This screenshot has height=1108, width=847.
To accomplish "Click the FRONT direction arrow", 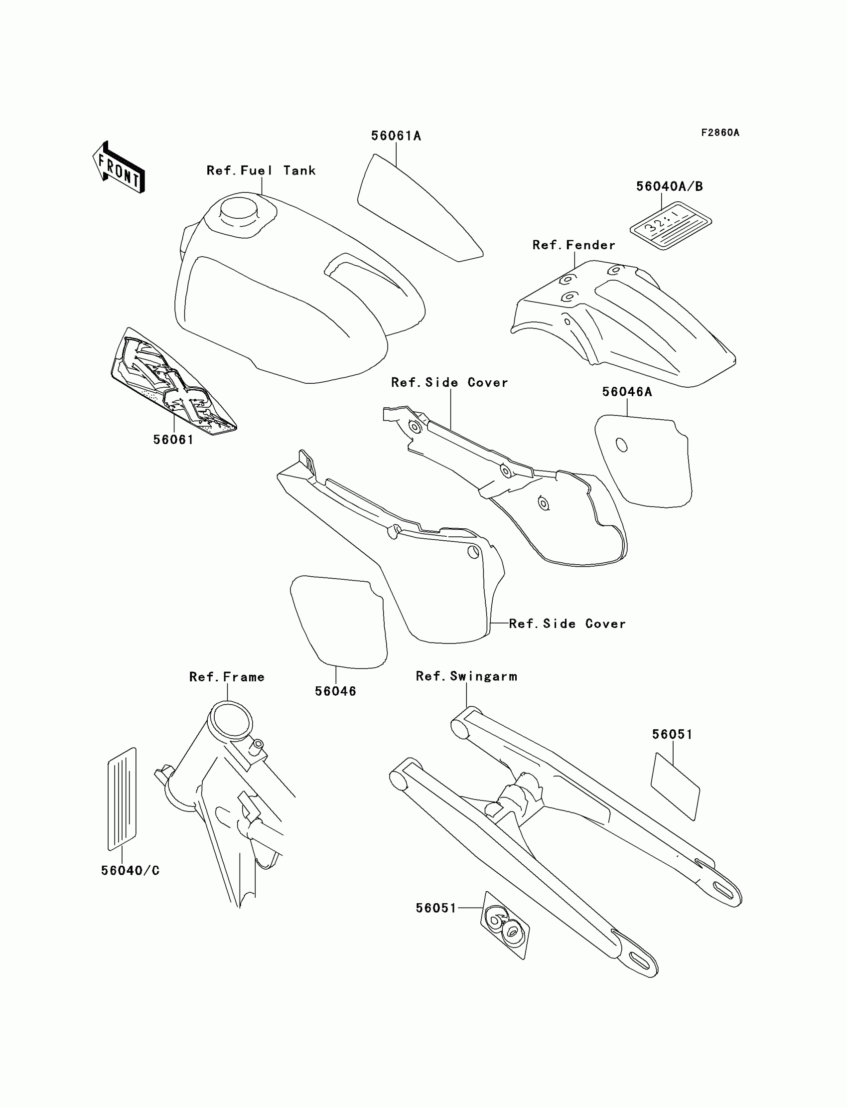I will [x=119, y=167].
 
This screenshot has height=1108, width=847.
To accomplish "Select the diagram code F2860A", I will [x=720, y=133].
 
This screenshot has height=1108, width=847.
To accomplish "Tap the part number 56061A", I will [x=396, y=136].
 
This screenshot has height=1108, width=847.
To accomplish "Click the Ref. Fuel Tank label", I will [x=261, y=170].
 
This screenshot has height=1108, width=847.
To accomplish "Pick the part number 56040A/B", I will [x=669, y=186].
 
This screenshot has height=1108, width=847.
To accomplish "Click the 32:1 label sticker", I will [x=671, y=225].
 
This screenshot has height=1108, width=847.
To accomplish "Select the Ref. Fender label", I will [x=574, y=245].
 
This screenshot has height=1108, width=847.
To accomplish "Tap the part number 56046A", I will [x=627, y=392].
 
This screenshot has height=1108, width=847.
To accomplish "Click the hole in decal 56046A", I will [x=622, y=445].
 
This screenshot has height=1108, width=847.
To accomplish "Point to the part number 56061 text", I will [x=173, y=440].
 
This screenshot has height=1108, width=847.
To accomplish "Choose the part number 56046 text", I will [x=335, y=691].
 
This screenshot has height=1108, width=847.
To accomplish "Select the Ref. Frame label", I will [x=227, y=677].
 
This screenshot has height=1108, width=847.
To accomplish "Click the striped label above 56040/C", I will [x=122, y=799].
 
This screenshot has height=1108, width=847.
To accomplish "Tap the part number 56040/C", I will [x=130, y=870].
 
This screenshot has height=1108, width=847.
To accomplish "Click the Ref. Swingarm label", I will [x=466, y=676].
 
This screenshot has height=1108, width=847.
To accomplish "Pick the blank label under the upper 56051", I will [x=675, y=786].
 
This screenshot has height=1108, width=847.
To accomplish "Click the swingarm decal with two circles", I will [x=505, y=926].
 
